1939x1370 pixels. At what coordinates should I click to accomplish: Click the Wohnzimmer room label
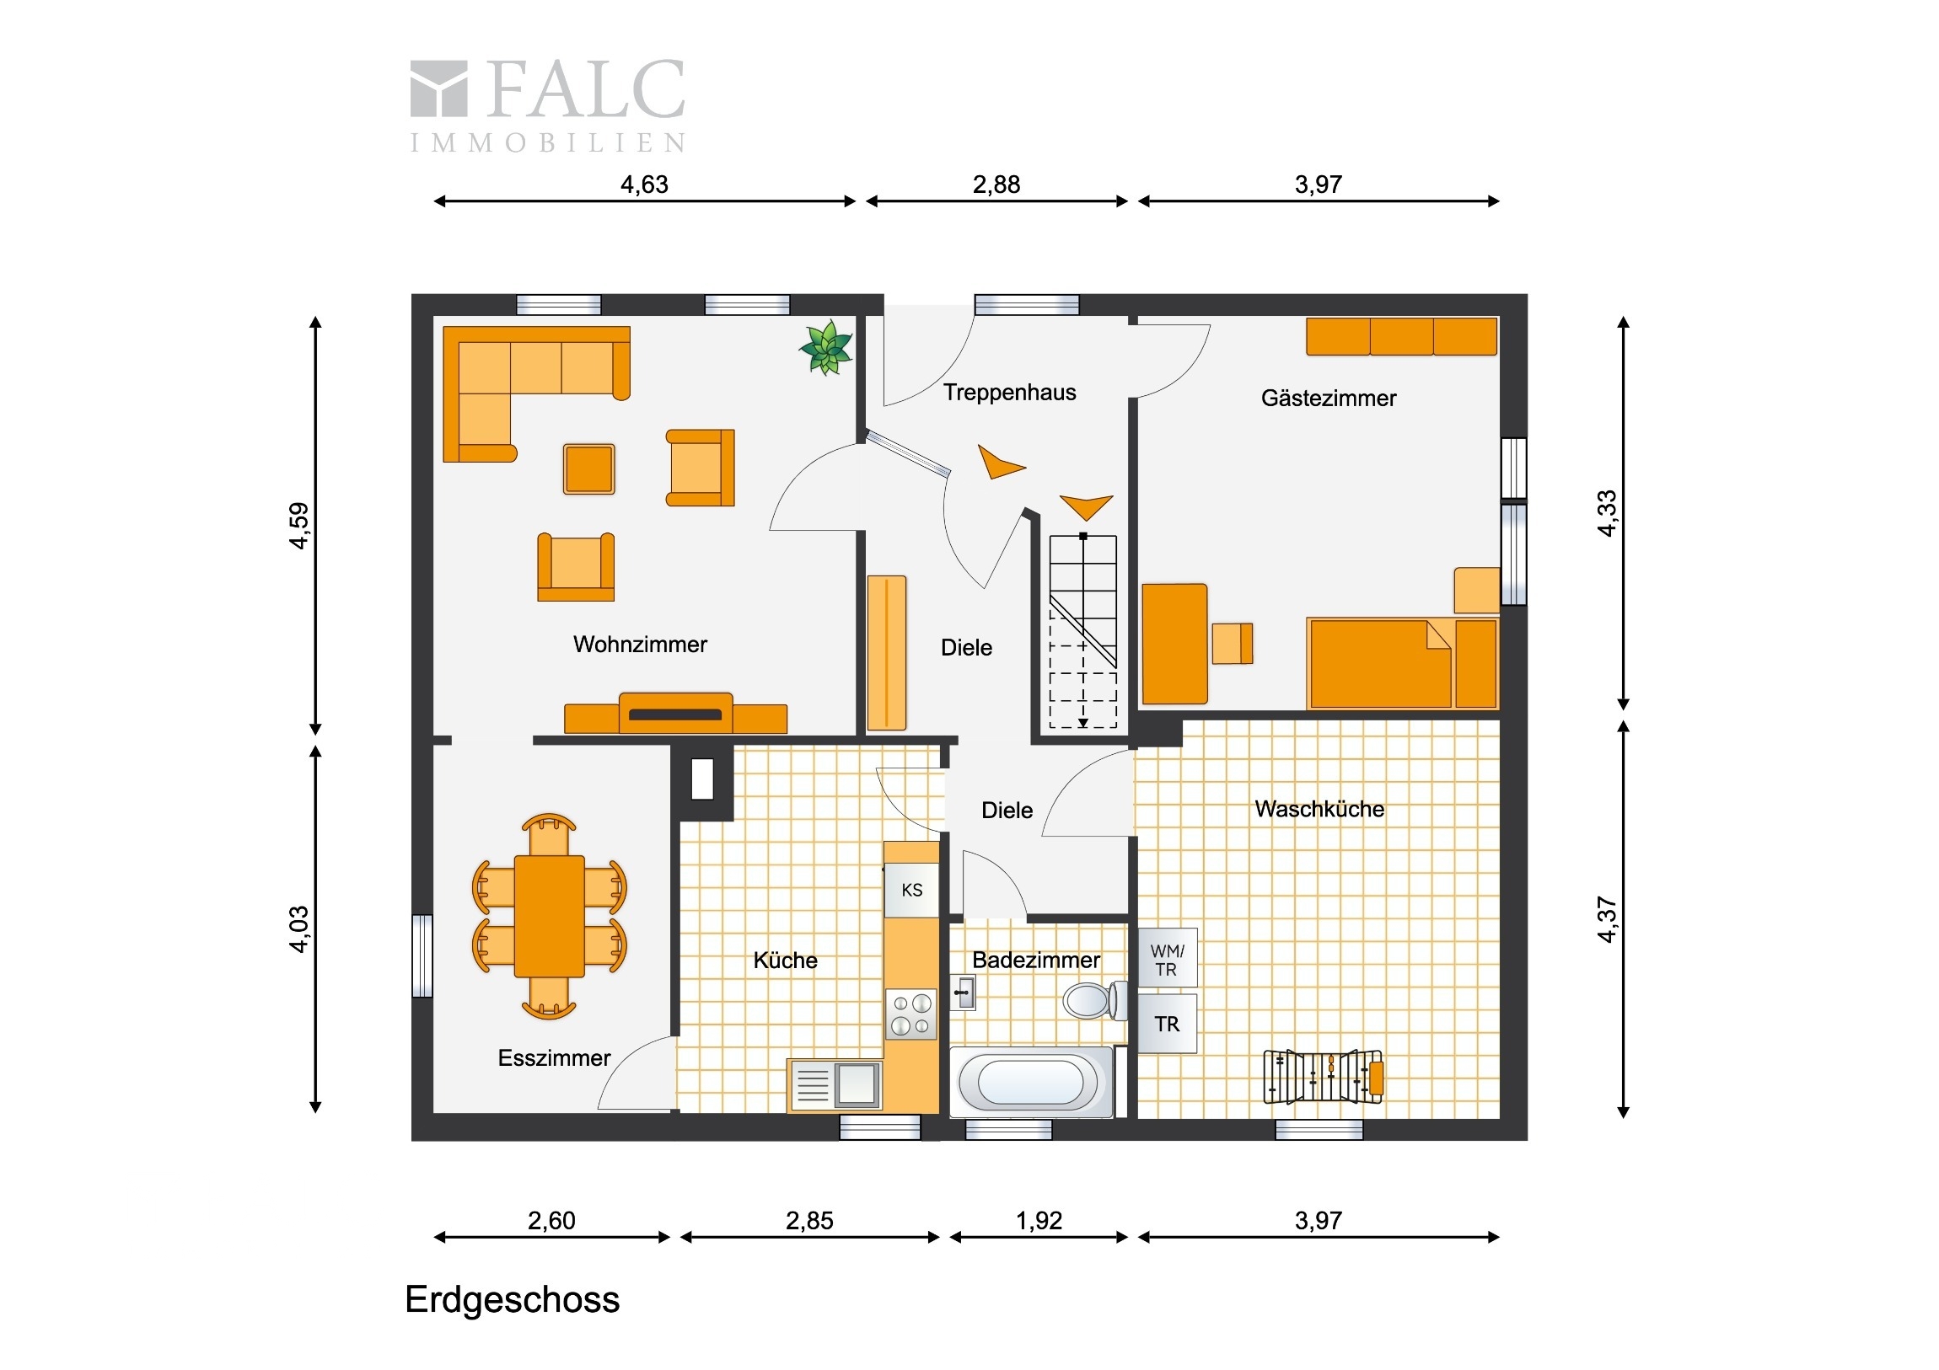tap(639, 645)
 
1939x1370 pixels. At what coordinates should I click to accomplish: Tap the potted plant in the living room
tap(826, 347)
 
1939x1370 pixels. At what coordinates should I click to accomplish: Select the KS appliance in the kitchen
tap(911, 890)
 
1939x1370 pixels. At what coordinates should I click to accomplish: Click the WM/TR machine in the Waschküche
tap(1167, 958)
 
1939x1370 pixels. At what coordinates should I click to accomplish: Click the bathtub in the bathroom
tap(1031, 1082)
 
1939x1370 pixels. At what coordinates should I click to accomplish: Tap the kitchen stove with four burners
tap(911, 1014)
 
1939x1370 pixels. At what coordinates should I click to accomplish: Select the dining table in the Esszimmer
tap(549, 917)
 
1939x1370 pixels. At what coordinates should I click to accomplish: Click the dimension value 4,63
tap(644, 184)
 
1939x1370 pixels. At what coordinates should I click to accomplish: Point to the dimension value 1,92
tap(1039, 1221)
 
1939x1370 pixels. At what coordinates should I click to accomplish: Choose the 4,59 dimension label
tap(299, 526)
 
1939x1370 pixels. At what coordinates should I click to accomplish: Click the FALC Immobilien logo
tap(547, 104)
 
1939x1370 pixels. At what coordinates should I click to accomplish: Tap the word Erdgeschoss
tap(512, 1300)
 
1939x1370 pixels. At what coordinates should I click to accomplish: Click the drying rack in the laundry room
tap(1324, 1077)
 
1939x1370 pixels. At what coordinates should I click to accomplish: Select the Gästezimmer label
tap(1329, 399)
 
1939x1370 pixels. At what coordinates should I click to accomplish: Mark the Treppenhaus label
tap(1009, 393)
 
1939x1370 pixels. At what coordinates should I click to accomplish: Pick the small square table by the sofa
tap(588, 468)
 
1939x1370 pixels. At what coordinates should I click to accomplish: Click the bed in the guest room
tap(1402, 663)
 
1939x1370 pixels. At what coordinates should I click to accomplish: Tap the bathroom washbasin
tap(964, 993)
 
